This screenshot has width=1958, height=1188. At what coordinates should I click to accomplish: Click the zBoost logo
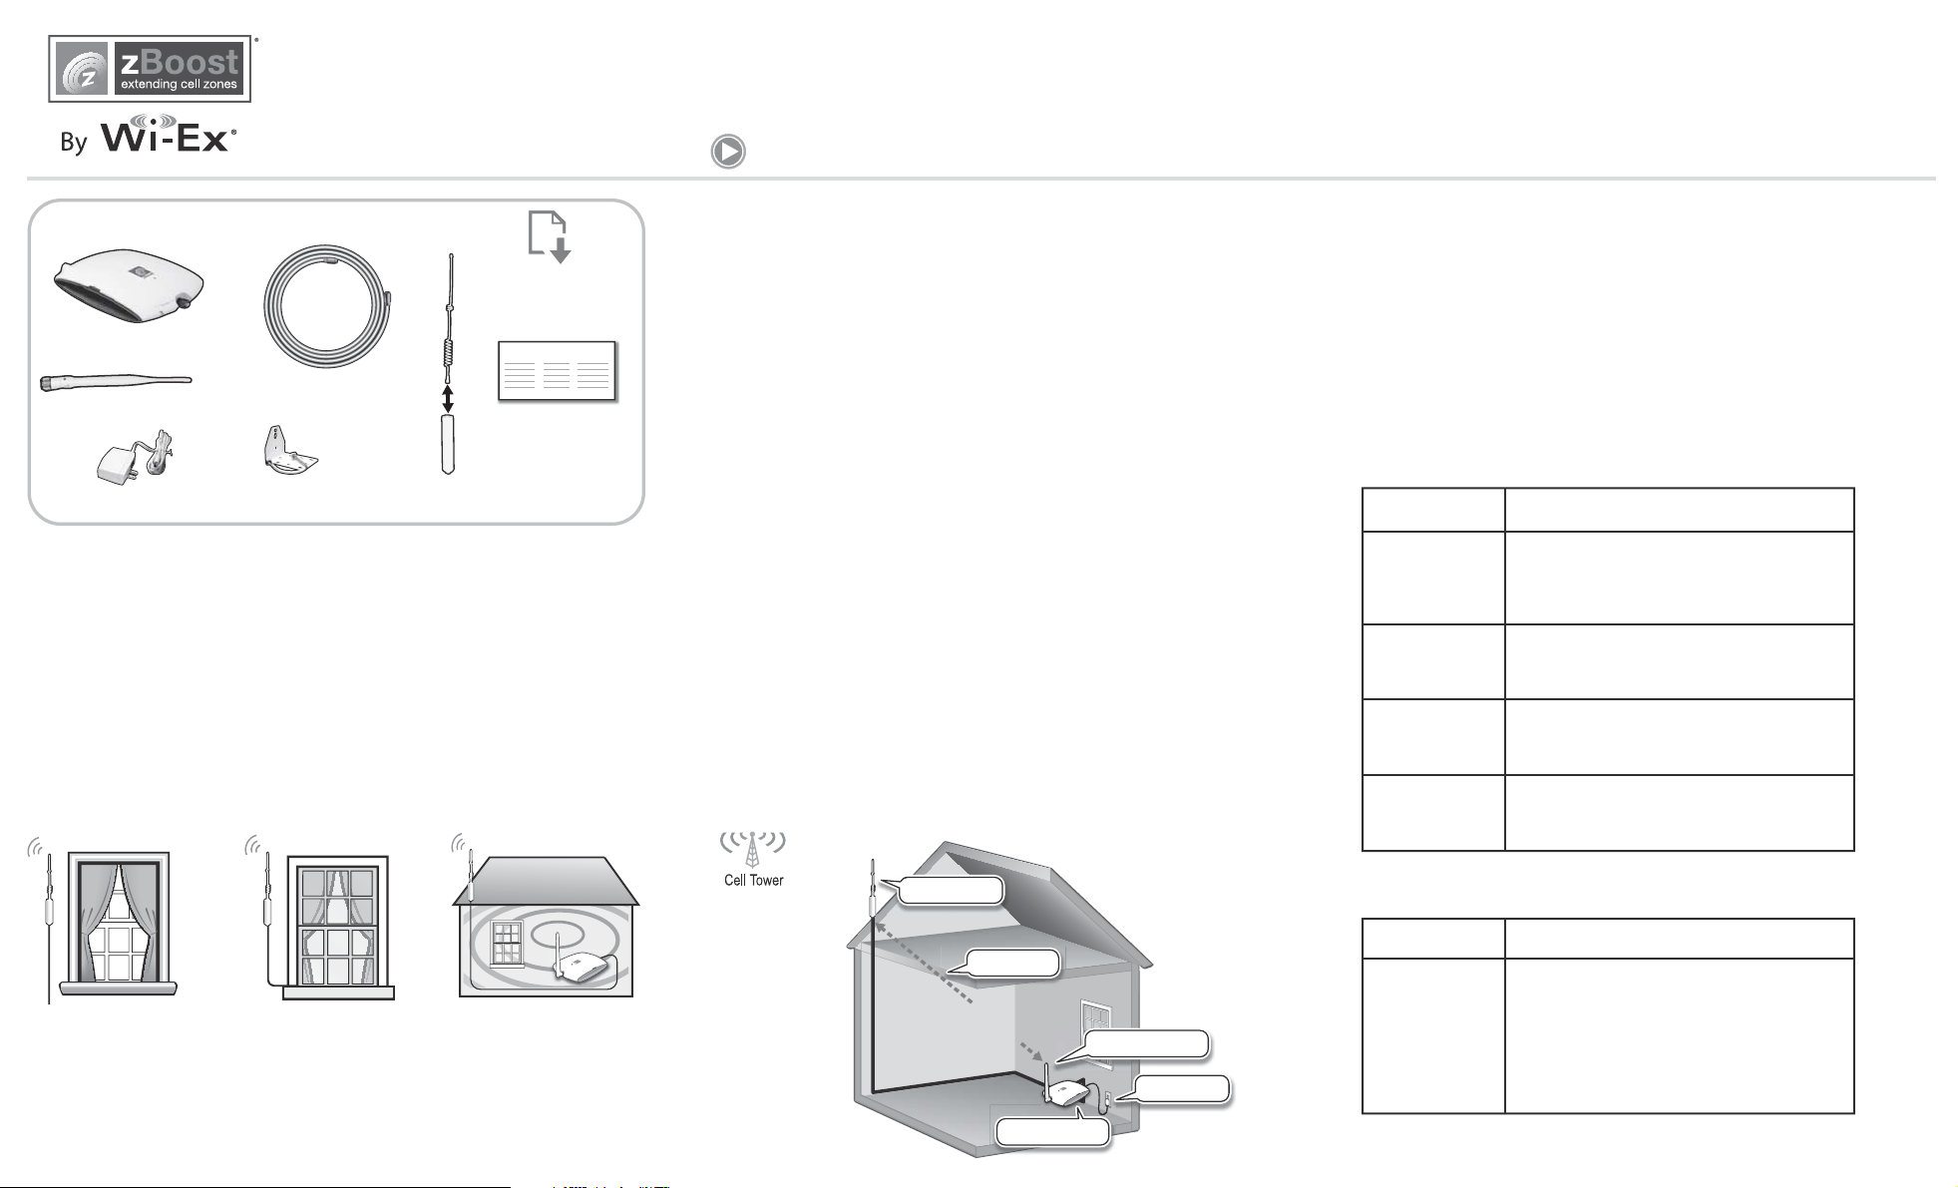[x=150, y=69]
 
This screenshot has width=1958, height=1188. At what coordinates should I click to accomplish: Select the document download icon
[x=549, y=237]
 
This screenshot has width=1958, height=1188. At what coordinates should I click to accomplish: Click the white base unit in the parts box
[x=129, y=286]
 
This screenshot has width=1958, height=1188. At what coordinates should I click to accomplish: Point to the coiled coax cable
[x=327, y=300]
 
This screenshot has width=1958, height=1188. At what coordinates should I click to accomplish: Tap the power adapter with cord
[x=137, y=457]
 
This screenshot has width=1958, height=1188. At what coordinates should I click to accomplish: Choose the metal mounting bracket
[x=286, y=452]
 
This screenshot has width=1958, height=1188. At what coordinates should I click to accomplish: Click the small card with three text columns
[x=557, y=371]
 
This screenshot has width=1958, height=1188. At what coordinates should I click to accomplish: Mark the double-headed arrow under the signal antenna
[x=448, y=399]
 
